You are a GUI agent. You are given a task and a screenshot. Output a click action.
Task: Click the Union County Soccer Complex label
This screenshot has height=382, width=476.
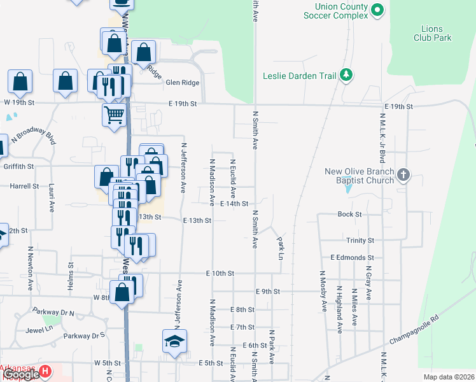click(336, 11)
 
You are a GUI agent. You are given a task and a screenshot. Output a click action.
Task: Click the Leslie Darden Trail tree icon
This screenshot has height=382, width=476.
click(346, 76)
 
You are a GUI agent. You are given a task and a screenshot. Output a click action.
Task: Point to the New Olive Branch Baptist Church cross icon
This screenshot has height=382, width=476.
click(403, 174)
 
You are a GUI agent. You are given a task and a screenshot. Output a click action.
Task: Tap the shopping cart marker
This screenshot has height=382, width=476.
click(113, 115)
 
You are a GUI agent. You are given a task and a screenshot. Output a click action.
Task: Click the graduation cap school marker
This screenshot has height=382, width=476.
click(174, 342)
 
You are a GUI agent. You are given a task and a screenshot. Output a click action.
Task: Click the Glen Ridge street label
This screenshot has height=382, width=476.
click(182, 83)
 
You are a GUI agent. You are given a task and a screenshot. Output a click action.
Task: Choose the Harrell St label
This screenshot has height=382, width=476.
click(24, 187)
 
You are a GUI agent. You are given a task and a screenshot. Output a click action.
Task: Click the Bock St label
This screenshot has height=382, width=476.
click(349, 215)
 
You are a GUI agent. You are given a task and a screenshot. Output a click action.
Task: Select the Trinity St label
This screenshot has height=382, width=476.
click(360, 241)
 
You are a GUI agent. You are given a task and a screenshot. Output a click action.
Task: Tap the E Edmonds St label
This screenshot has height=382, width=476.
click(352, 257)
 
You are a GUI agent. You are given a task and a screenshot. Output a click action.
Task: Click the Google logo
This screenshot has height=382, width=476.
click(22, 375)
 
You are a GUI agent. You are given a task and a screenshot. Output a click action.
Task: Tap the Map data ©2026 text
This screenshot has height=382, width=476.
click(448, 377)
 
